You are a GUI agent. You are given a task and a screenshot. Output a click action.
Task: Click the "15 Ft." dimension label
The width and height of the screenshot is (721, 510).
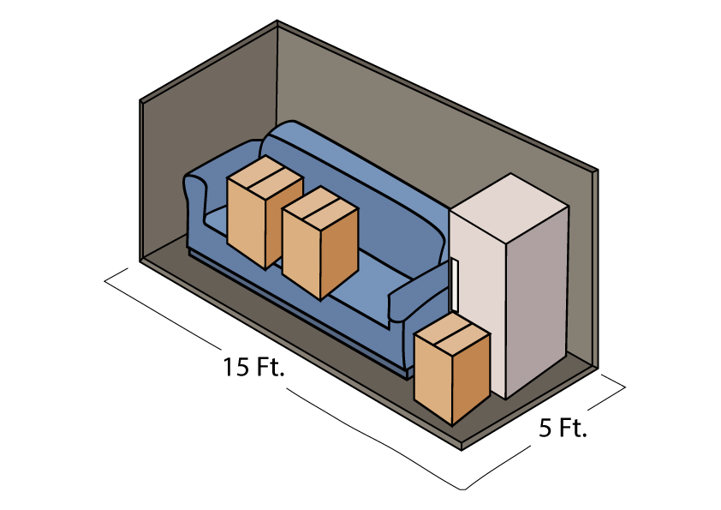tap(253, 367)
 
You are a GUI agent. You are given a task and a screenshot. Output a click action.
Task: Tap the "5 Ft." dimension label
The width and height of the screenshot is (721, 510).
tap(563, 428)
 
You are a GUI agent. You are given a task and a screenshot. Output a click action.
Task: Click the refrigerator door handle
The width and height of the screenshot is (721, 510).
tap(455, 285)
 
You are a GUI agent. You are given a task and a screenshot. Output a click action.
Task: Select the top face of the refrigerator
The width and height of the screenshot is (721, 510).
tap(509, 207)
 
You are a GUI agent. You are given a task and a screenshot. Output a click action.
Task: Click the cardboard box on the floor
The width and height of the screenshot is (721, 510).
tap(452, 368)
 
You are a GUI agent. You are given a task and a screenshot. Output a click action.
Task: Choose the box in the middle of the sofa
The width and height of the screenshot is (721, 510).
tap(320, 243)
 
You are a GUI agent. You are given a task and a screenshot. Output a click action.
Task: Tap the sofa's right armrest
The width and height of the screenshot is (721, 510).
tap(419, 295)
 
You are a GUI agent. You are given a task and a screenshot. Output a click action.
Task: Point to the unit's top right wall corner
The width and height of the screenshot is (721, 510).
tap(598, 171)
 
